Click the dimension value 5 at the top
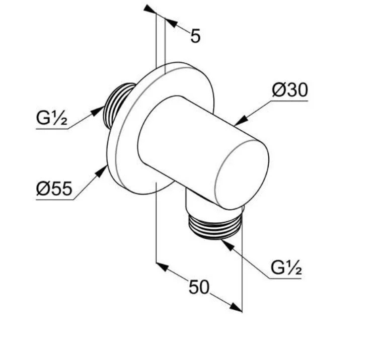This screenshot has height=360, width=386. (x=195, y=36)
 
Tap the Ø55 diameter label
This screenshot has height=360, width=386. (x=54, y=189)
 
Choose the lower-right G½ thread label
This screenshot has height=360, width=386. (x=286, y=268)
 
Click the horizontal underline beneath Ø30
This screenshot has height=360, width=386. (x=289, y=101)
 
